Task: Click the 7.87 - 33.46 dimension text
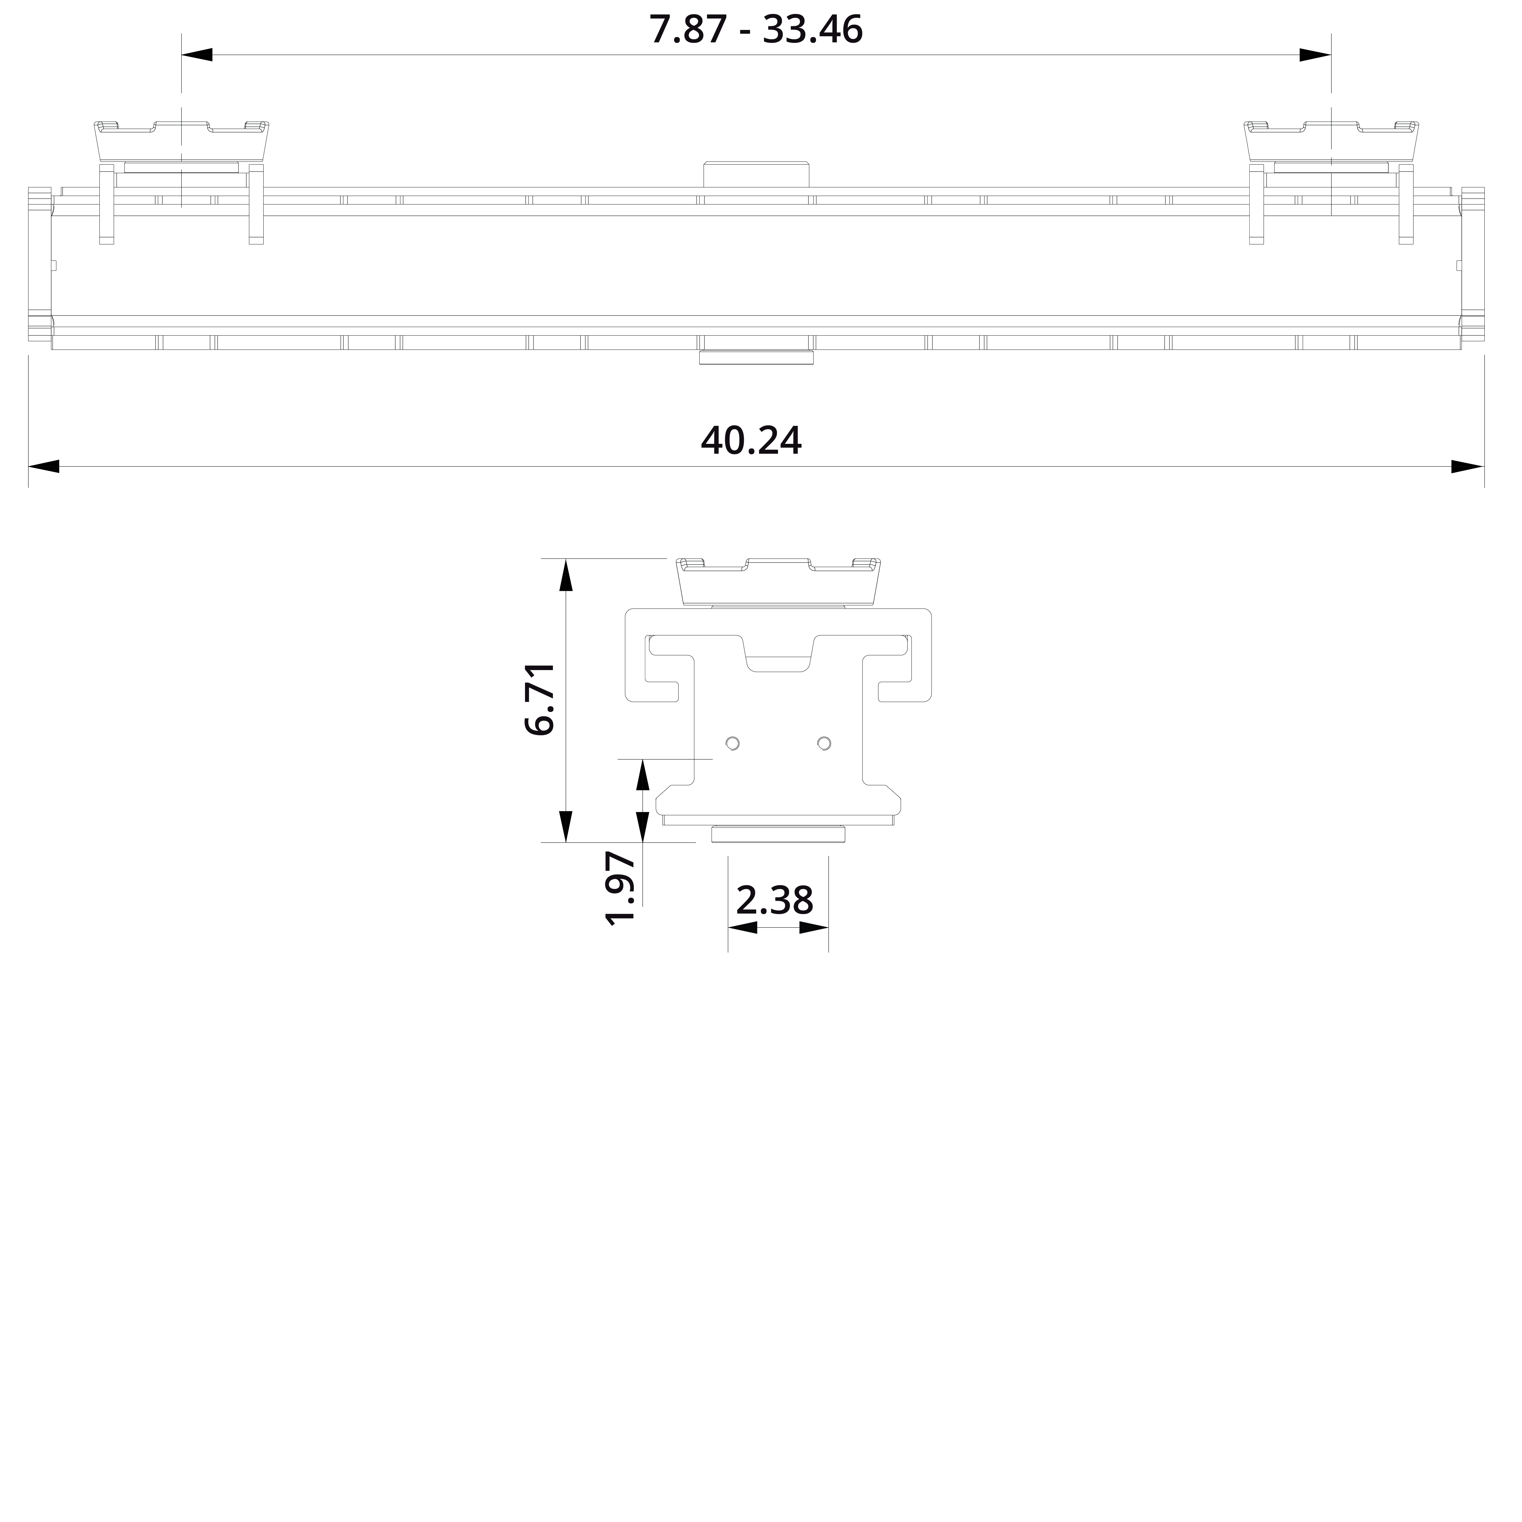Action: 756,30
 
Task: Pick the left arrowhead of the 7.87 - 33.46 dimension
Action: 197,55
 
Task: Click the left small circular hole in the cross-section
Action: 733,743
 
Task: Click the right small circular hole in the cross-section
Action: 824,743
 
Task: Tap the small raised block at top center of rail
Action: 756,174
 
